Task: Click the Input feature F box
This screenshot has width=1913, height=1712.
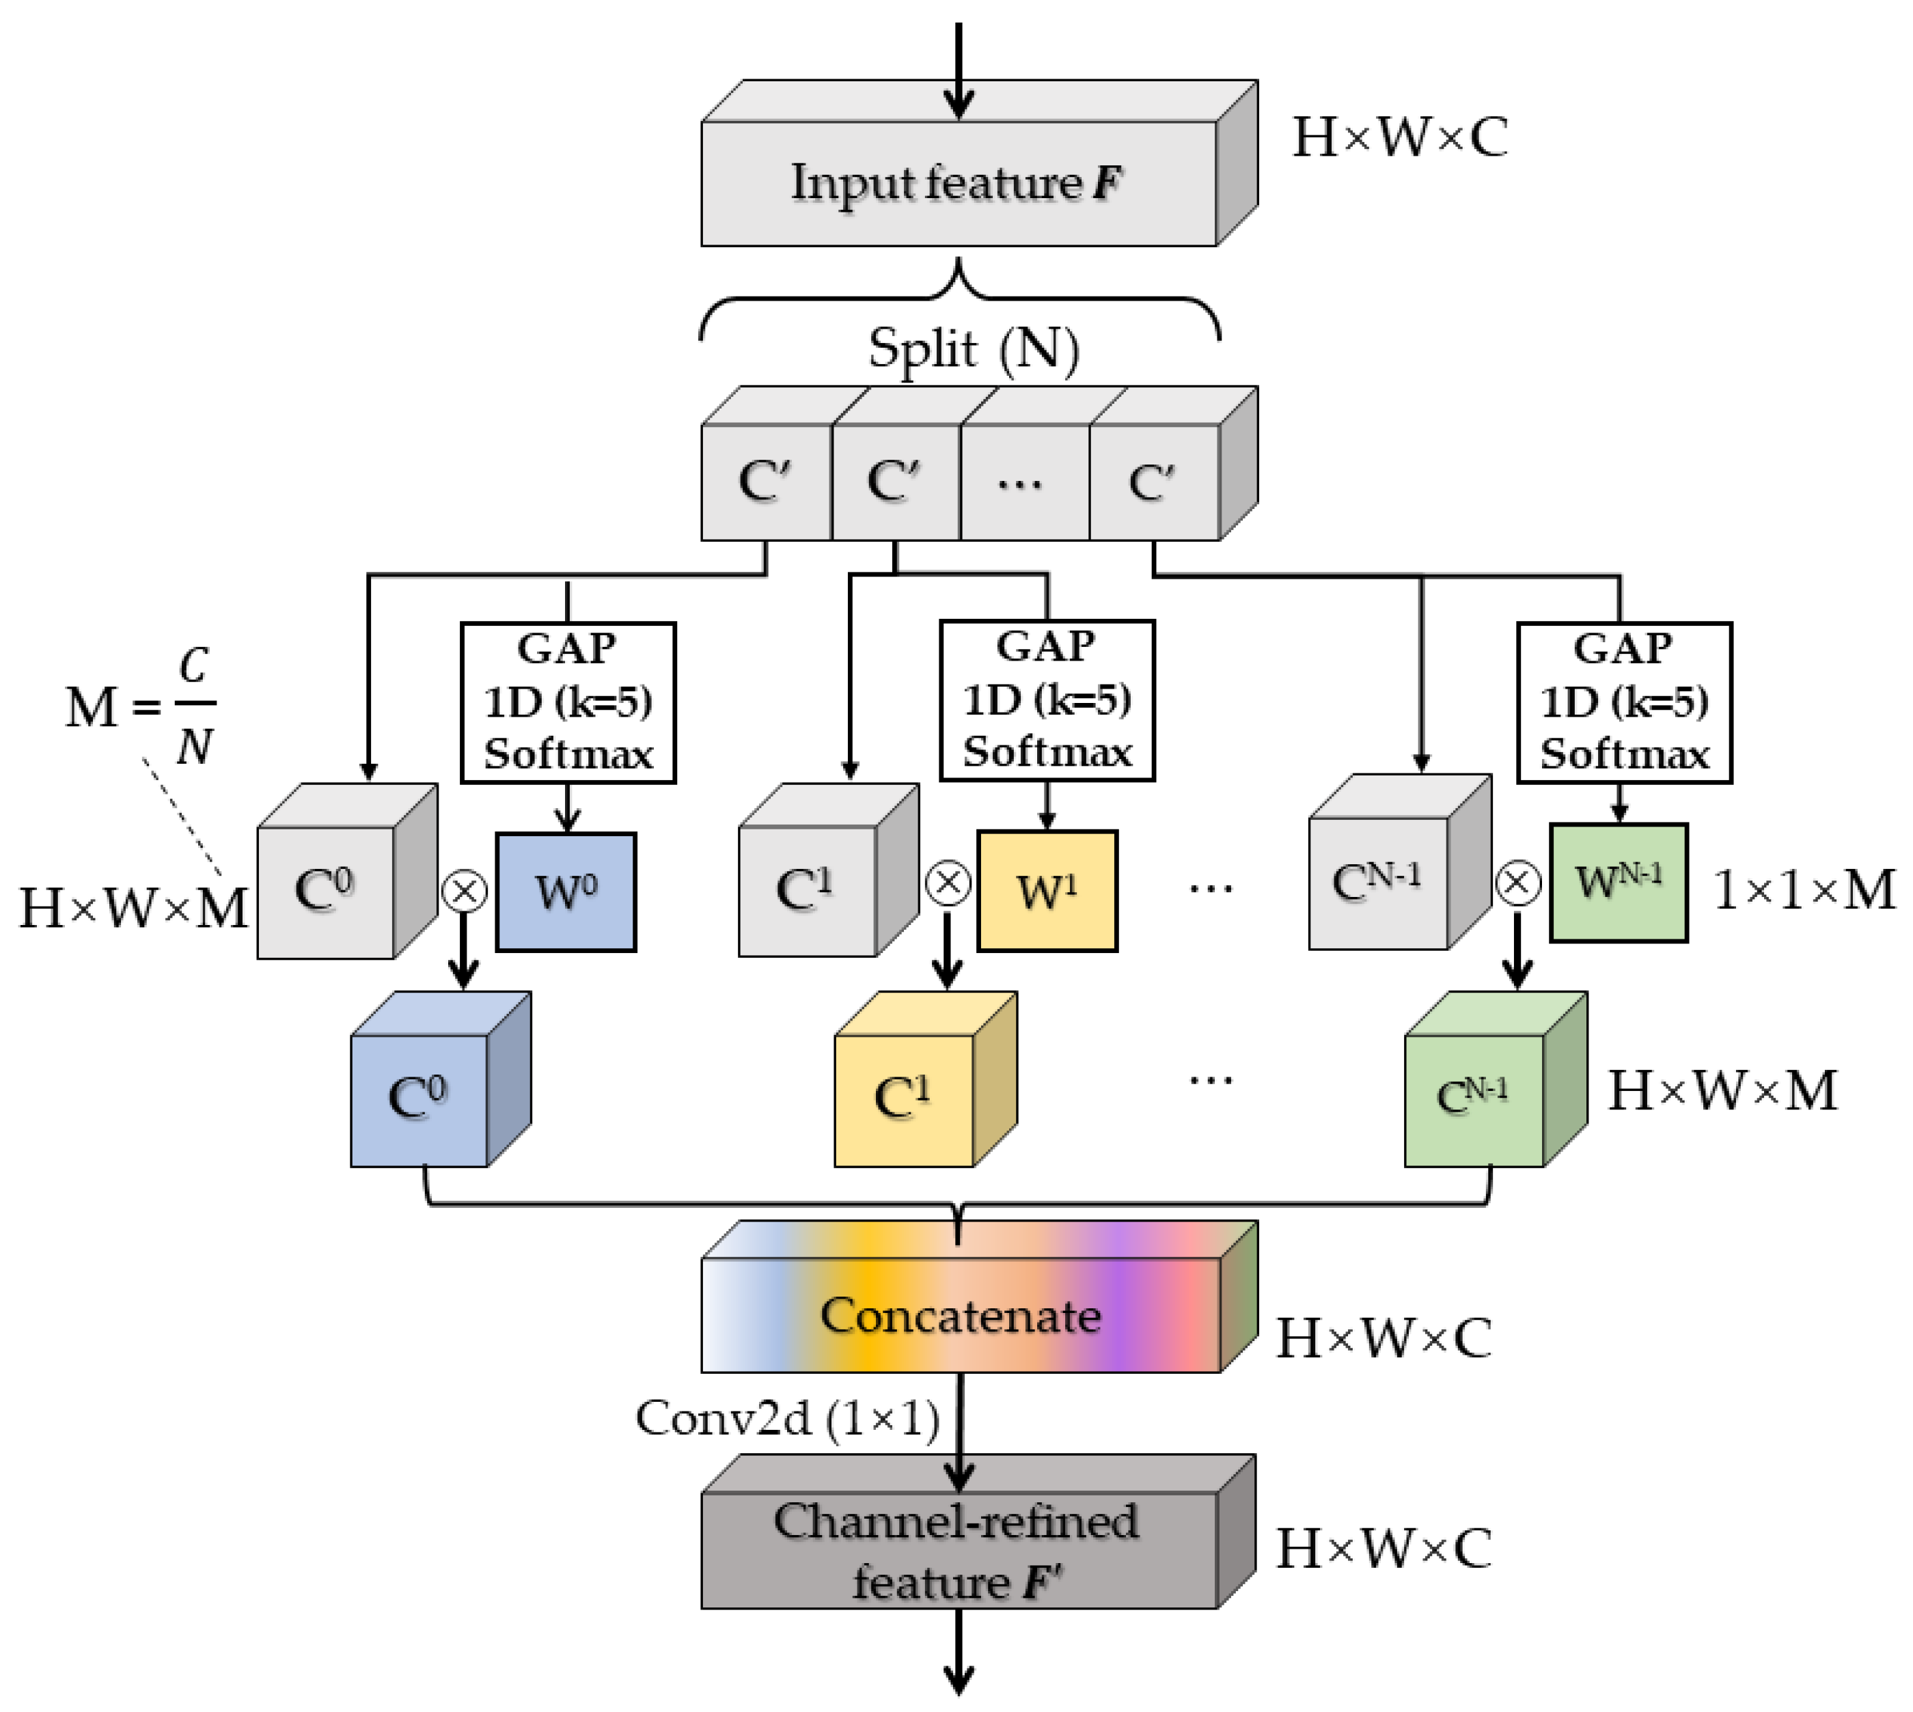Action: tap(957, 182)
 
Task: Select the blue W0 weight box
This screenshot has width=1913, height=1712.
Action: tap(565, 892)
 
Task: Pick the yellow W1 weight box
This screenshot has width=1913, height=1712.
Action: tap(1046, 891)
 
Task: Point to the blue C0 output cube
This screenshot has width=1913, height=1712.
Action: tap(419, 1099)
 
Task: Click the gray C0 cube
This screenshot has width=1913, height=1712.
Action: tap(325, 891)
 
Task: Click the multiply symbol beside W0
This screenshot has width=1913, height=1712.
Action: tap(465, 891)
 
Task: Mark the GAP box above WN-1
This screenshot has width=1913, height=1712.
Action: tap(1623, 702)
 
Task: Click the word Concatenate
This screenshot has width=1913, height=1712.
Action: tap(959, 1315)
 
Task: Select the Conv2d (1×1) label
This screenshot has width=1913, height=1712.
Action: tap(787, 1418)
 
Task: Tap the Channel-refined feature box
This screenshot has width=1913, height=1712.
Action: tap(957, 1549)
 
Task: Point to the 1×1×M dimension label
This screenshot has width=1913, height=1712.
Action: tap(1803, 890)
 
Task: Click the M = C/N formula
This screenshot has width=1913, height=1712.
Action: tap(141, 706)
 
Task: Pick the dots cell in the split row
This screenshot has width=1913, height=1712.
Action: tap(1023, 482)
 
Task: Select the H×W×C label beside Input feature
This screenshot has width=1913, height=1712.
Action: tap(1399, 137)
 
